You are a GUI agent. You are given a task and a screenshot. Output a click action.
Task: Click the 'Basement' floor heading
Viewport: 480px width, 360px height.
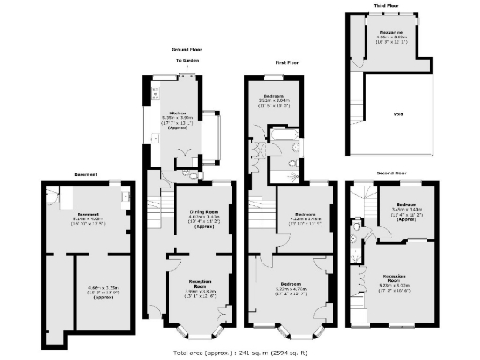click(x=86, y=173)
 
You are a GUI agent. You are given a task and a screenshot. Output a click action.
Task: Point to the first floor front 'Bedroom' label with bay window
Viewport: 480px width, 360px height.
click(x=289, y=285)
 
